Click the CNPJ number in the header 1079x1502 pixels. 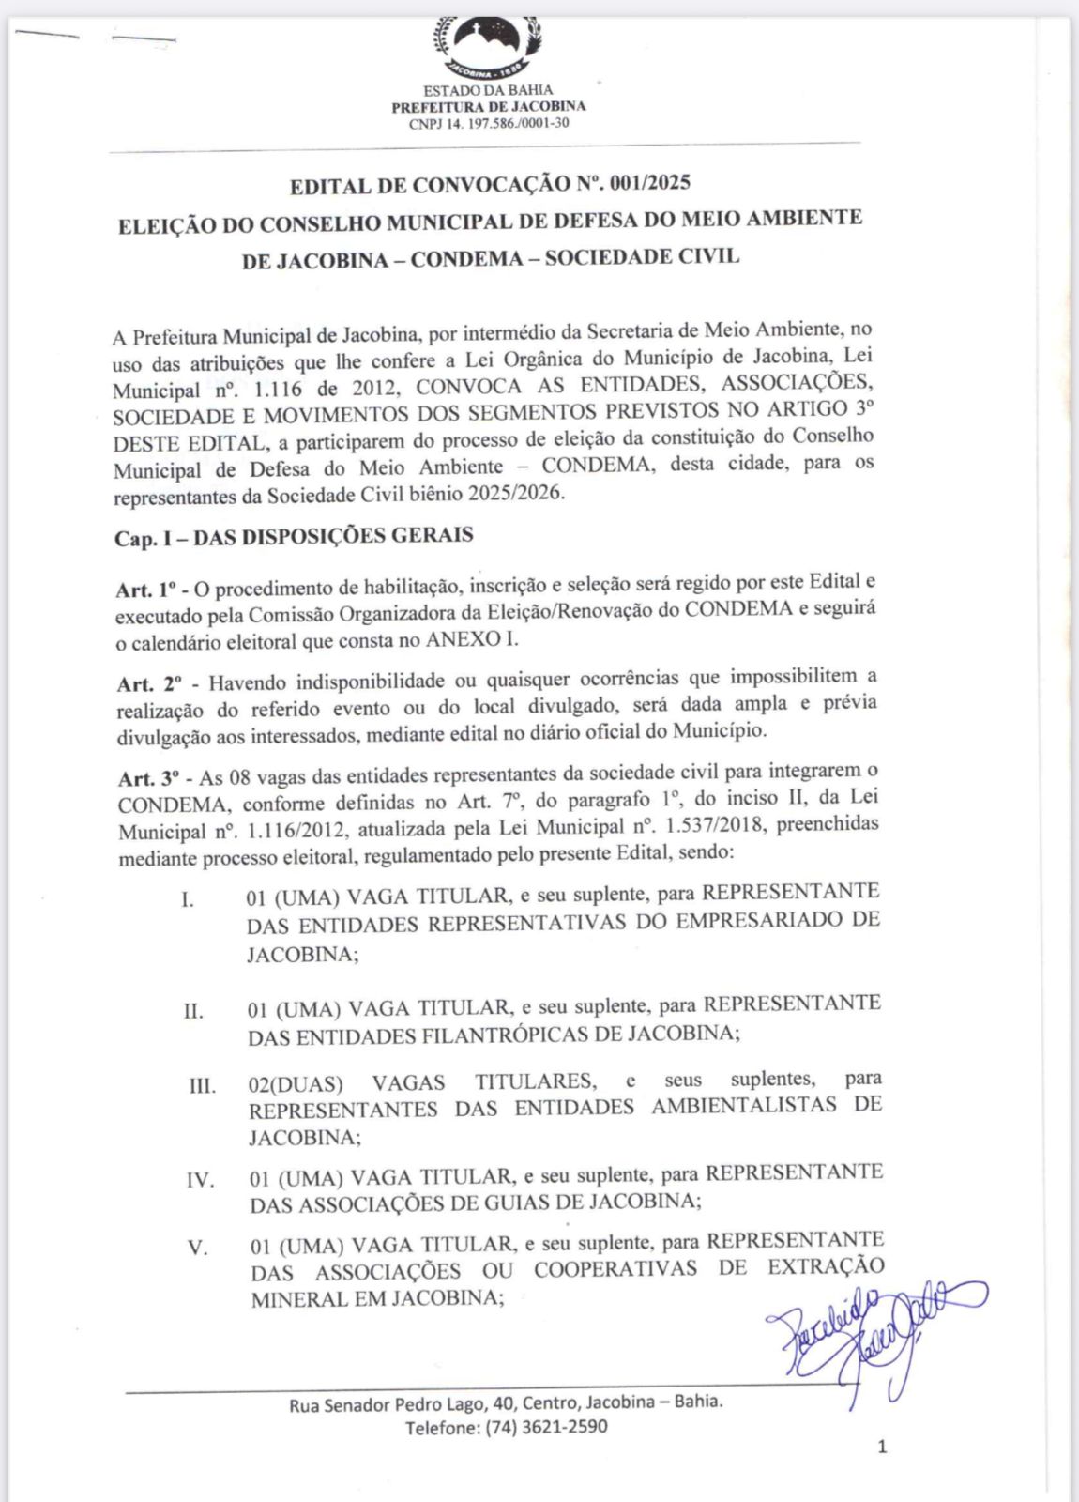489,123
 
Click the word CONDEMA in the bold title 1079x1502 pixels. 464,258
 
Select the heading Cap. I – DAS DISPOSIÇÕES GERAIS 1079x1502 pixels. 294,537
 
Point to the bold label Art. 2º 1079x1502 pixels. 149,683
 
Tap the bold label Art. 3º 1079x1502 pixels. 150,779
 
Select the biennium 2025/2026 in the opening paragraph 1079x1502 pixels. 517,494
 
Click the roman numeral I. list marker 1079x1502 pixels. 189,899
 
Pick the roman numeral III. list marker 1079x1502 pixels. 203,1086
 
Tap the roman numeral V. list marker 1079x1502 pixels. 197,1249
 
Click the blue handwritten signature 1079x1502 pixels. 873,1333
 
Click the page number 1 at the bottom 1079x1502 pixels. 881,1447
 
